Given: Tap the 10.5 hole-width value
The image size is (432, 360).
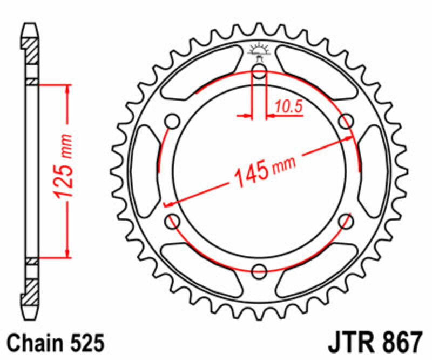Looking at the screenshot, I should coord(287,108).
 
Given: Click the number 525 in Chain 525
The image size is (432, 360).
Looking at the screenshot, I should coord(84,343).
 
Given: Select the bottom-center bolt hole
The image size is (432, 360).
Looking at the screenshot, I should coord(259,270).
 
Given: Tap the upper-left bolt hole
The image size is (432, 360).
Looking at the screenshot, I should coord(173,121).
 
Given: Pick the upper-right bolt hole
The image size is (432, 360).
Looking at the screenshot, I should coord(345,121).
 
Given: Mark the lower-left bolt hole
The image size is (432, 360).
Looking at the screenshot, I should coord(173,220).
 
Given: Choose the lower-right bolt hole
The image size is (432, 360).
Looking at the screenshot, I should coord(345,220).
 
